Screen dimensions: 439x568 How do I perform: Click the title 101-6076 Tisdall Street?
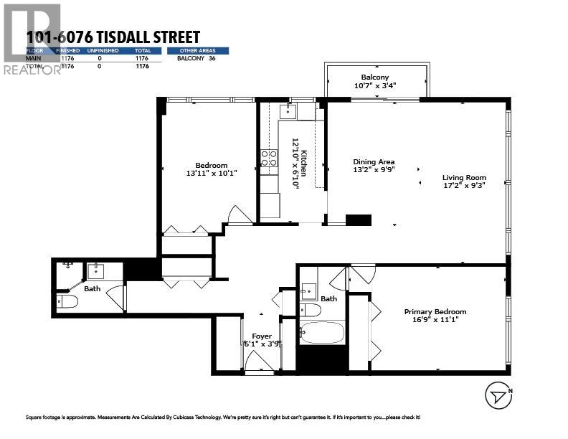pyautogui.click(x=113, y=37)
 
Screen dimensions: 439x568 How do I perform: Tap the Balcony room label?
pyautogui.click(x=374, y=77)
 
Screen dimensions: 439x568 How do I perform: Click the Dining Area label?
pyautogui.click(x=374, y=161)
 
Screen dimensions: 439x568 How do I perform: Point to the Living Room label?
pyautogui.click(x=463, y=177)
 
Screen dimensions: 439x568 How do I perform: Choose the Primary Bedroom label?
pyautogui.click(x=435, y=311)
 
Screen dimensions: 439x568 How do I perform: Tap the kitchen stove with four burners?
pyautogui.click(x=269, y=158)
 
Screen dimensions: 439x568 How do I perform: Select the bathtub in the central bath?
pyautogui.click(x=321, y=334)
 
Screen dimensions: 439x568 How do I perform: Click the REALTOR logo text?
pyautogui.click(x=32, y=70)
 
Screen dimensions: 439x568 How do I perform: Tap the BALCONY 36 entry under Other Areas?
pyautogui.click(x=197, y=58)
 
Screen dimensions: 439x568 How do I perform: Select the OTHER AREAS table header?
pyautogui.click(x=198, y=51)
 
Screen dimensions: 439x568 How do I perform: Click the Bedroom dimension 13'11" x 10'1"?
pyautogui.click(x=211, y=173)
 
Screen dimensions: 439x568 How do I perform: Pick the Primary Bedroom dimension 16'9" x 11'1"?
pyautogui.click(x=435, y=319)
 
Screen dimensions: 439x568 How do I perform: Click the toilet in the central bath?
pyautogui.click(x=311, y=311)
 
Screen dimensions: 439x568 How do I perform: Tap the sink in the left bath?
pyautogui.click(x=96, y=271)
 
